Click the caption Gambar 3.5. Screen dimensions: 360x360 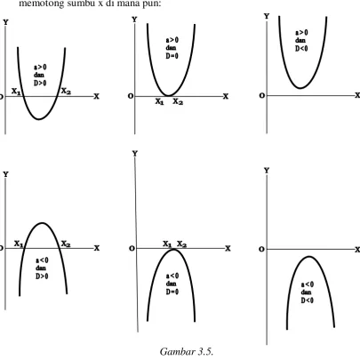click(187, 352)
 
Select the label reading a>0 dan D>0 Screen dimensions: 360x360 click(40, 76)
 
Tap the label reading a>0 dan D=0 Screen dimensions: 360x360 click(172, 48)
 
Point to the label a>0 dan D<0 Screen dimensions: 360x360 click(301, 41)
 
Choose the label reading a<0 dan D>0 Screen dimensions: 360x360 click(42, 268)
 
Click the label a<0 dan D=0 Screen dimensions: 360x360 click(172, 284)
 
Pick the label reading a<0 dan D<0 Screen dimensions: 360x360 click(308, 292)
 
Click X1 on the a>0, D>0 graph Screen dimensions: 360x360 click(16, 92)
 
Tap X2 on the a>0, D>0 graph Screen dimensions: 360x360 click(66, 92)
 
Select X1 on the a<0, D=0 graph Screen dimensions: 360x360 click(167, 244)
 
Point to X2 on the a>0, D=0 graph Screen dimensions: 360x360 click(178, 101)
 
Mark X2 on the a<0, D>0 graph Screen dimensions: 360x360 click(66, 244)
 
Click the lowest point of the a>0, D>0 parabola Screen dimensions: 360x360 click(39, 119)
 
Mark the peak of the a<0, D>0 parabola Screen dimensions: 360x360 click(43, 223)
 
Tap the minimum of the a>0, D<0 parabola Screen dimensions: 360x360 click(300, 88)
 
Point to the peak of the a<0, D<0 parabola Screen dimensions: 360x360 click(309, 257)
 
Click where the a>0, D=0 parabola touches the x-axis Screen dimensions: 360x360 click(168, 96)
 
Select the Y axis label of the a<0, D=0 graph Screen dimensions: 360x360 click(135, 154)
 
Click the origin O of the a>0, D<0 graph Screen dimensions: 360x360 click(262, 96)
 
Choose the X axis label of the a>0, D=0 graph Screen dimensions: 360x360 click(226, 96)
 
